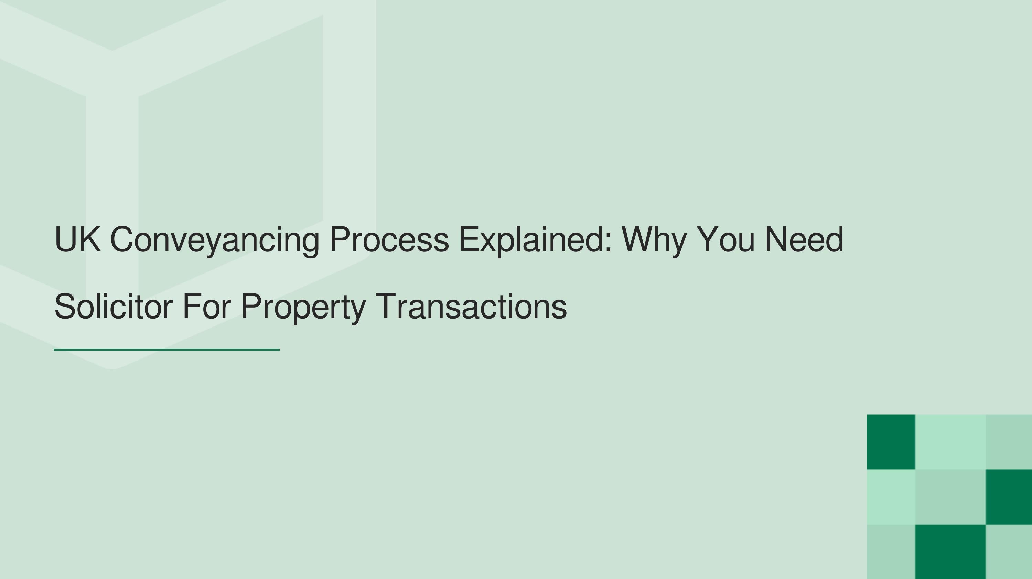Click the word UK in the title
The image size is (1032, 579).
(x=77, y=239)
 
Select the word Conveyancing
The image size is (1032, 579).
(x=214, y=239)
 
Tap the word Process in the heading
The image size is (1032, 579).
(x=389, y=239)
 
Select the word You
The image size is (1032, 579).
(x=725, y=239)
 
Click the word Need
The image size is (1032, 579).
(x=804, y=239)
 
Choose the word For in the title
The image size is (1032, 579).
(x=207, y=307)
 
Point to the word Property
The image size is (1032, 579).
(x=303, y=307)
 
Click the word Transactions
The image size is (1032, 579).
(x=471, y=307)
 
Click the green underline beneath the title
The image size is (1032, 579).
(x=166, y=350)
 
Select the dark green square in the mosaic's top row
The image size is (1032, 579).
(x=891, y=442)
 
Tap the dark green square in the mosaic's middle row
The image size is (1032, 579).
(x=1008, y=496)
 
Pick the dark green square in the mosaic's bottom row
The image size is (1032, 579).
(x=950, y=552)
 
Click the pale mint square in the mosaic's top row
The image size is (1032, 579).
(x=950, y=442)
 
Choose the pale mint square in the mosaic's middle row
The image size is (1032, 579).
(x=891, y=496)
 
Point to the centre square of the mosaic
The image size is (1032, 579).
(x=950, y=496)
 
